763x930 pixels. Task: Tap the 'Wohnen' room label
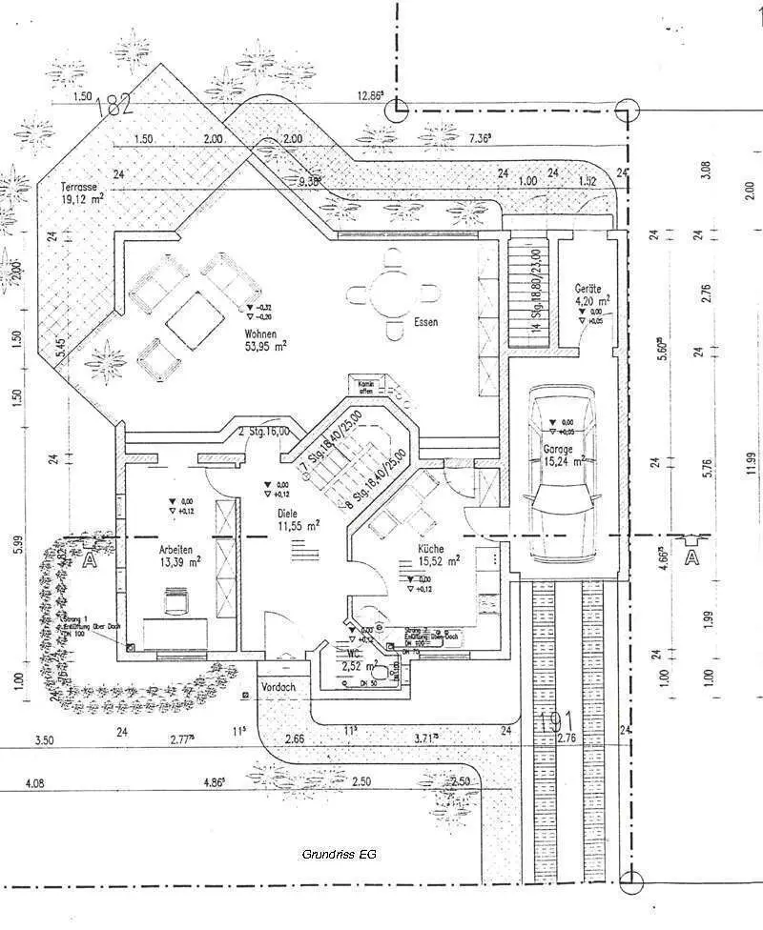[x=259, y=334]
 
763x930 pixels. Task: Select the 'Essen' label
[x=425, y=323]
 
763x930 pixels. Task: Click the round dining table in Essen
[x=393, y=293]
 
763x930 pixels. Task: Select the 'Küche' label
[x=431, y=549]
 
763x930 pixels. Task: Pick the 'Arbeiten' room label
[x=176, y=550]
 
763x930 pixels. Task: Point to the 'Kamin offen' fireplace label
[x=364, y=386]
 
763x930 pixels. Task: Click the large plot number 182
[x=114, y=106]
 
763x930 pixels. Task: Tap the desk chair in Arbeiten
[x=176, y=600]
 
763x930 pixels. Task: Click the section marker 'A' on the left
[x=91, y=559]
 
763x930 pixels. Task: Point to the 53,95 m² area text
[x=266, y=347]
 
